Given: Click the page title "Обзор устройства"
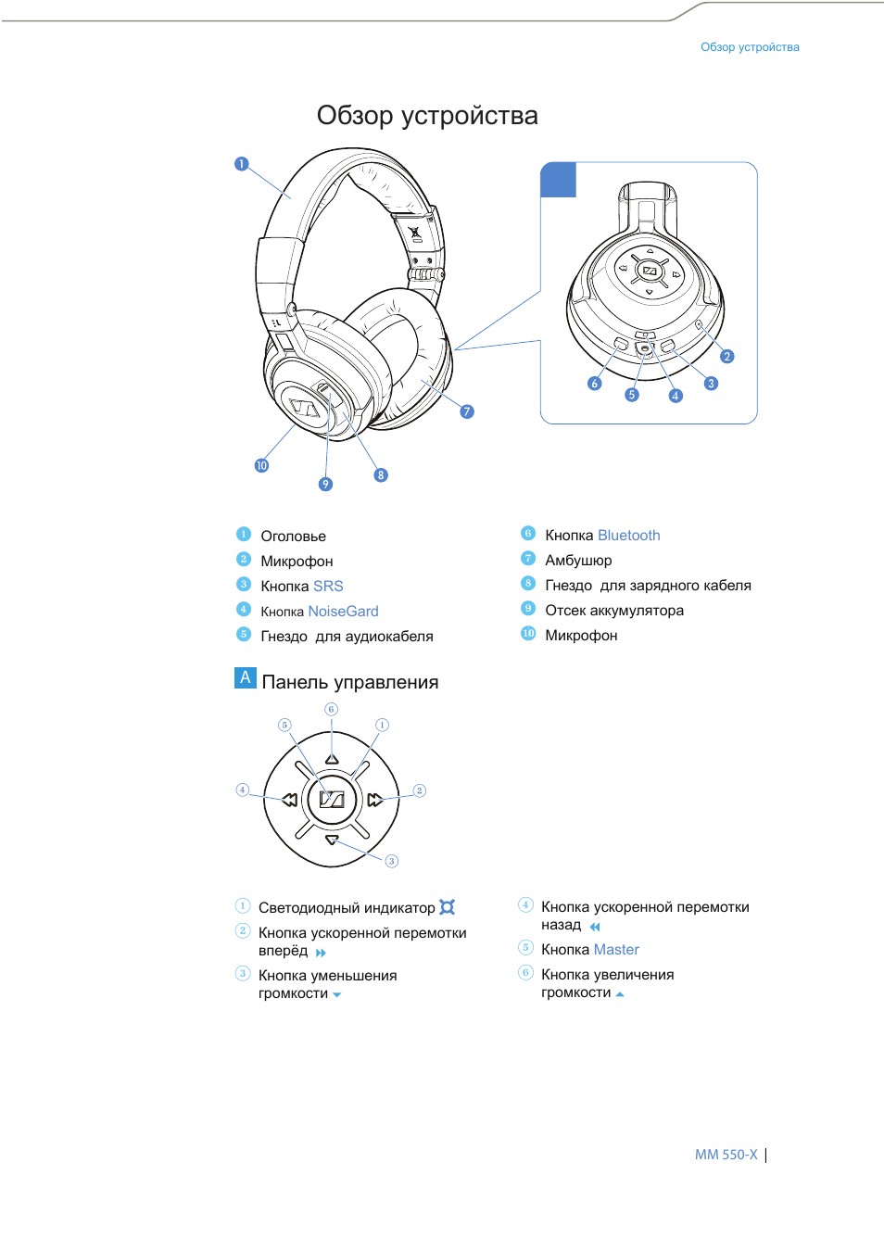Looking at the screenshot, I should tap(427, 116).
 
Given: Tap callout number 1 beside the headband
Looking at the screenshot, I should tap(242, 164).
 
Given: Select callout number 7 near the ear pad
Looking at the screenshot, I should tap(467, 411).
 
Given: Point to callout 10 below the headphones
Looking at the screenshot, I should tap(261, 465).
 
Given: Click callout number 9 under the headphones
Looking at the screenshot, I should tap(325, 484).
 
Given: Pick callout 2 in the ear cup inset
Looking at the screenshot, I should tap(727, 356).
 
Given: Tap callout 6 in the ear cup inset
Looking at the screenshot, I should tap(595, 384).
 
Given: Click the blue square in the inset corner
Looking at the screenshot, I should tap(558, 180).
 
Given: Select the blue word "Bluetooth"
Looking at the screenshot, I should tap(629, 536).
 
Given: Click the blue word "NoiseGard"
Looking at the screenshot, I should tap(343, 612).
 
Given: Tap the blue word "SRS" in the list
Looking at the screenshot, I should tap(328, 587).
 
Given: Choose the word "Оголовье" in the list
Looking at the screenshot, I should tap(293, 537).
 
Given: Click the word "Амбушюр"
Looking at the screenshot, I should tap(578, 561).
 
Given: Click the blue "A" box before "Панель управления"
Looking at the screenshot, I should tap(246, 677).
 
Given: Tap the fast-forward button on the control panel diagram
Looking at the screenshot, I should tap(374, 800).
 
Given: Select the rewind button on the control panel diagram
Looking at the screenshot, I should tap(289, 800).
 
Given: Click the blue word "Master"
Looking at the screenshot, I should tap(616, 950).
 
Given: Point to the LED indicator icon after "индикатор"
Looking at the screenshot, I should tap(448, 907).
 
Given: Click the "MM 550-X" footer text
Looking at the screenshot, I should tap(726, 1155).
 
